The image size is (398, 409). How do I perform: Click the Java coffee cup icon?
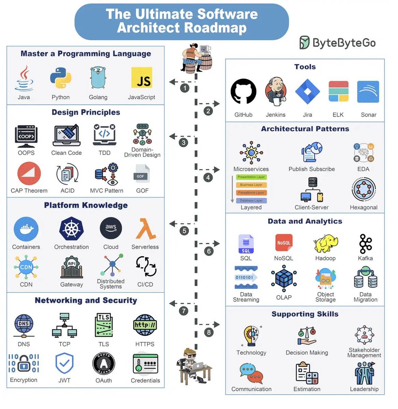[x=24, y=78]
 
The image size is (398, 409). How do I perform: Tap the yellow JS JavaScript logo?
[x=142, y=78]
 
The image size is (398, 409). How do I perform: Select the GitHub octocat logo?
[x=244, y=91]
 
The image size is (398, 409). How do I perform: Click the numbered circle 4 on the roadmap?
[x=208, y=178]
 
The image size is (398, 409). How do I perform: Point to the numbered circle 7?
[x=184, y=311]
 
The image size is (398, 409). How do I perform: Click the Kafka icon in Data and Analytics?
[x=365, y=244]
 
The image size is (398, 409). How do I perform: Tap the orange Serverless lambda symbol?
[x=145, y=229]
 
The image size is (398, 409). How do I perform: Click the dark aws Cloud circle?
[x=111, y=228]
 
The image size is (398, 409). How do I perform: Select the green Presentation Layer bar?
[x=251, y=177]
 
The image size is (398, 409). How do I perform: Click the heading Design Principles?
[x=86, y=112]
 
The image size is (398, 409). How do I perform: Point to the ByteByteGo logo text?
[x=344, y=43]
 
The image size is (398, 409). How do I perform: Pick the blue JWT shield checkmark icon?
[x=64, y=363]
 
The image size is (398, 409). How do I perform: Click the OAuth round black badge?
[x=104, y=363]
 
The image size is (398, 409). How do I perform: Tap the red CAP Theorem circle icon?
[x=29, y=173]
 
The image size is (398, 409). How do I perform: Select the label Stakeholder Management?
[x=364, y=353]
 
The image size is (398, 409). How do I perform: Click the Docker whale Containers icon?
[x=26, y=229]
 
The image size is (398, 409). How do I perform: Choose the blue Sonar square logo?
[x=368, y=92]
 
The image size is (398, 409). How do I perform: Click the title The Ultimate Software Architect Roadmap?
[x=182, y=21]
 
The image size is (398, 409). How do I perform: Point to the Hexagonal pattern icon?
[x=364, y=190]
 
